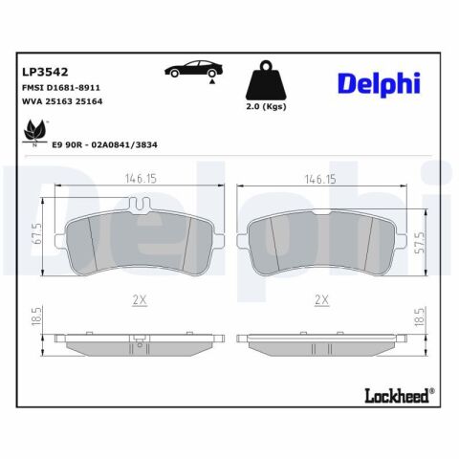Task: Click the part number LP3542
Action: coord(45,72)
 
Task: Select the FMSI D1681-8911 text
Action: coord(61,88)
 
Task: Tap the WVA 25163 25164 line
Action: coord(62,101)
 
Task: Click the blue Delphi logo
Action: coord(379,84)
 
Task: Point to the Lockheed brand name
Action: coord(399,396)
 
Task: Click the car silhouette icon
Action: coord(193,69)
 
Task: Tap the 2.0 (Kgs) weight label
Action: coord(266,107)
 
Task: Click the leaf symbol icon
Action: coord(34,133)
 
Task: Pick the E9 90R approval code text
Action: coord(104,145)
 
